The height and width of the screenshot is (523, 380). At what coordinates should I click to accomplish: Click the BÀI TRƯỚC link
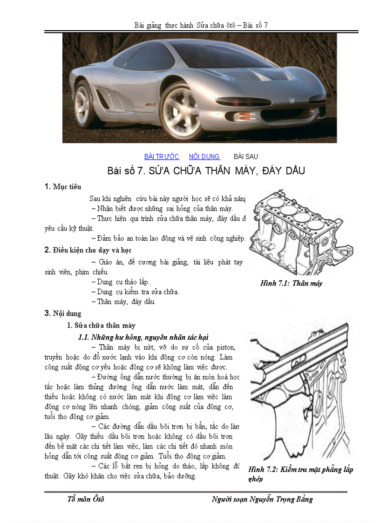162,156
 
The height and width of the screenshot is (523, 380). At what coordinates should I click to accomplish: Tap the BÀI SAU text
245,156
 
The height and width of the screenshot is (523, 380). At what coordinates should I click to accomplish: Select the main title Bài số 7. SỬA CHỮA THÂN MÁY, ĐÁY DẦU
206,171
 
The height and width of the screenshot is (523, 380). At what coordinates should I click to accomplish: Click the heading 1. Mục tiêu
62,187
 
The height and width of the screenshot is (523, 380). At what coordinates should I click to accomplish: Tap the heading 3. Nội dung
62,313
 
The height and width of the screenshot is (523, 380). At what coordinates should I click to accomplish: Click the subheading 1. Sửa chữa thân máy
101,326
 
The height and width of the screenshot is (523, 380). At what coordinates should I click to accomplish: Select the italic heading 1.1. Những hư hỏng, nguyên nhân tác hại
143,337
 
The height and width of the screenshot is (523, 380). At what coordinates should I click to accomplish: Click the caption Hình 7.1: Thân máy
291,283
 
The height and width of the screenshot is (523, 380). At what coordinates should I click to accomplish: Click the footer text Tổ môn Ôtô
86,499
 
